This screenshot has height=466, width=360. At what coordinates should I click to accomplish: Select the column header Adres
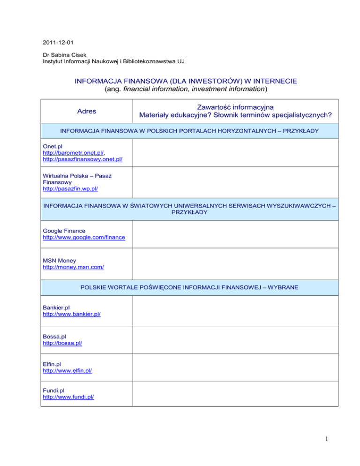[87, 112]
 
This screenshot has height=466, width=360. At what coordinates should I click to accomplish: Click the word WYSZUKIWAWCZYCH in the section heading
[286, 205]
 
